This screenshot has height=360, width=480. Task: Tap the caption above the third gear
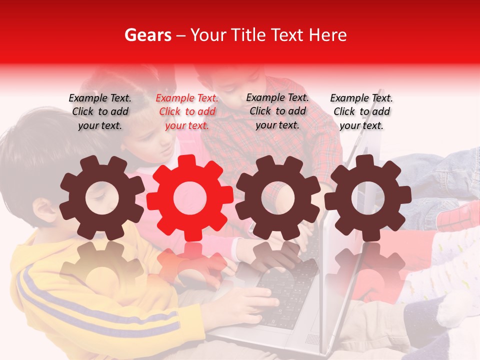(277, 111)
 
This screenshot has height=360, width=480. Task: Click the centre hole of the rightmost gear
(367, 197)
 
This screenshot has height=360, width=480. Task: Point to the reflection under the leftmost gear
(101, 265)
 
